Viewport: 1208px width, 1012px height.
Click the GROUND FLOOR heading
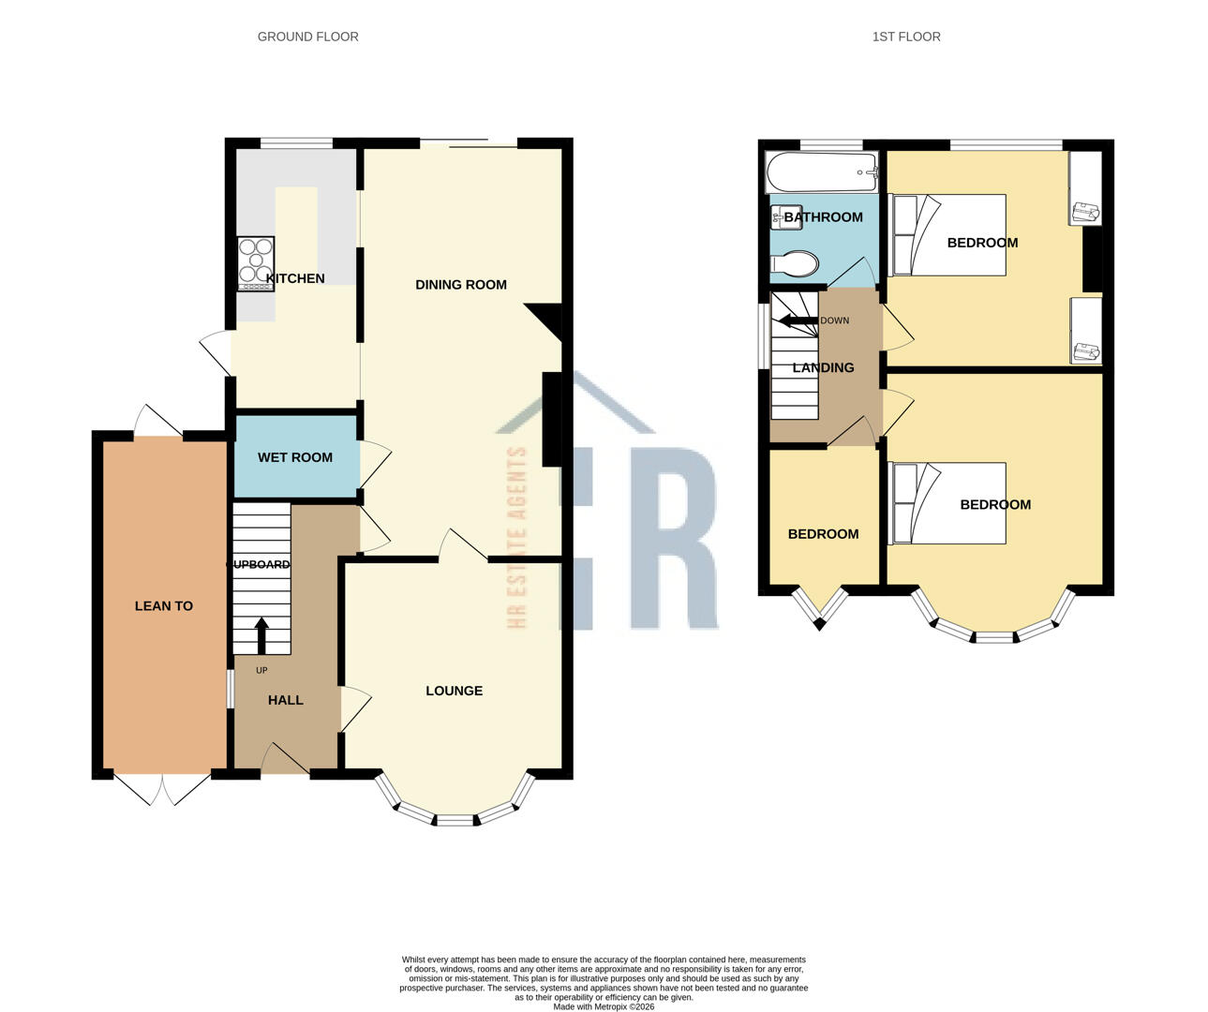[307, 37]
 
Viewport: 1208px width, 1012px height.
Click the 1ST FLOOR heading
[905, 37]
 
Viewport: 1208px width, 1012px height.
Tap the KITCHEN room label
[295, 278]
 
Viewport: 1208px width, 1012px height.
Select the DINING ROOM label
[460, 285]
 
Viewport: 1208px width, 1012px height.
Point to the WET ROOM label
[295, 457]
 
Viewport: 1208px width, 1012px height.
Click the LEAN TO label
[164, 606]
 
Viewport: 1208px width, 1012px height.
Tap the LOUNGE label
[454, 691]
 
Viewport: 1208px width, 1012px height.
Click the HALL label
[286, 700]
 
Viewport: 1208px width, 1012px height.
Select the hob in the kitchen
[256, 261]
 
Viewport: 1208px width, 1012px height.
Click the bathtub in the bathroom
[821, 172]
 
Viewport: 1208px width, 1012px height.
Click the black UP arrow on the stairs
[261, 634]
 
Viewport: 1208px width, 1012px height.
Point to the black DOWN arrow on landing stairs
[796, 320]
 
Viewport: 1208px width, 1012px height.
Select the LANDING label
[823, 367]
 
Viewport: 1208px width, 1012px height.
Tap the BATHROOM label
[823, 217]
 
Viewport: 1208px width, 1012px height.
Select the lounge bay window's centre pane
[455, 821]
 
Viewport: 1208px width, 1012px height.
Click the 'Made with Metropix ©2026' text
[604, 1007]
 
